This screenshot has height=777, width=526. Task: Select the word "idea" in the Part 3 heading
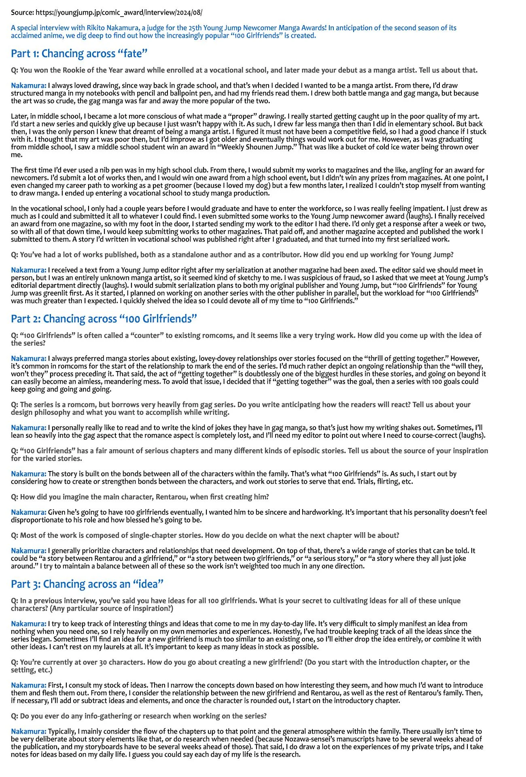tap(148, 584)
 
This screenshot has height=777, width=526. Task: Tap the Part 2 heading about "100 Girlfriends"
tap(104, 319)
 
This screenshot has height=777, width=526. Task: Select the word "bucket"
tap(346, 147)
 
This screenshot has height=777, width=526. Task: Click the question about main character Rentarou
tap(140, 497)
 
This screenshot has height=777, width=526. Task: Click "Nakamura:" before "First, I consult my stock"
tap(29, 685)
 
